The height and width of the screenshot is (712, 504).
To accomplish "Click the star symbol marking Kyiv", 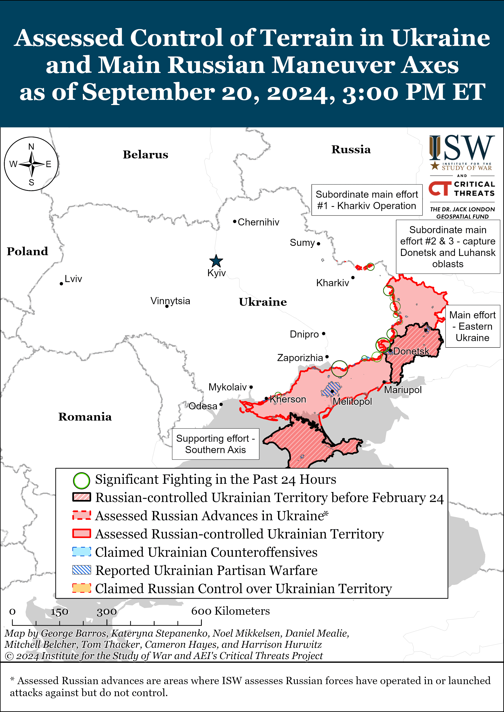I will point(216,261).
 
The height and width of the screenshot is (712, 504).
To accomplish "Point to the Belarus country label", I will point(145,155).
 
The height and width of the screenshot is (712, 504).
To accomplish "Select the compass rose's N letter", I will point(31,147).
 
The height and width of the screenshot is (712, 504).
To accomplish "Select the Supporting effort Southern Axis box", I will point(215,444).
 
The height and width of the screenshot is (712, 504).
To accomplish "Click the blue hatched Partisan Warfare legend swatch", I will point(82,570).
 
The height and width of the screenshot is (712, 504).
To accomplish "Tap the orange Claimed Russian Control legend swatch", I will point(82,588).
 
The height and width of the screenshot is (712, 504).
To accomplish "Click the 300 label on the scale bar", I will point(107,612).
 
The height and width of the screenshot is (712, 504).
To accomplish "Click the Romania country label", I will point(85,417).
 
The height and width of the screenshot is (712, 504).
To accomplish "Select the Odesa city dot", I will point(221,404).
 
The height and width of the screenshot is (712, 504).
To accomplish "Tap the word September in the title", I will point(148,92).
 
